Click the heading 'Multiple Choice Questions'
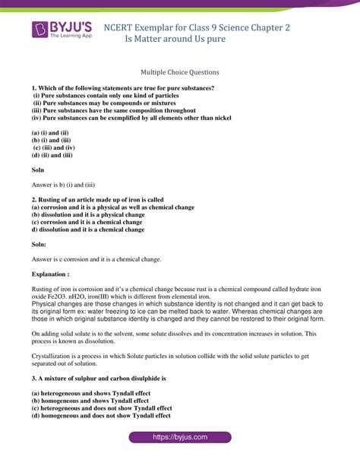pos(180,72)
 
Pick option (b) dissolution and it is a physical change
pos(88,214)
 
